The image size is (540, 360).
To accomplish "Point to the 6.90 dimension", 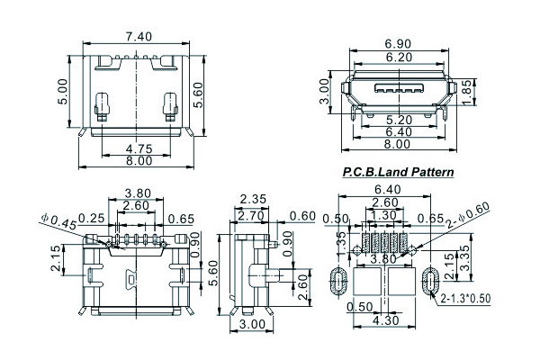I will (x=399, y=43).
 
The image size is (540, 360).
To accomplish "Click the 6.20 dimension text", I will (x=399, y=56).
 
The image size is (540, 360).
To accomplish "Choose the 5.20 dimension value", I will (x=399, y=119).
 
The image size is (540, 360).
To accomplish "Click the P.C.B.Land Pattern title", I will (x=398, y=171).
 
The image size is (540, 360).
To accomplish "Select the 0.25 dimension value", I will (x=89, y=218).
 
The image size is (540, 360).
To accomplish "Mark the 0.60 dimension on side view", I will (x=302, y=216).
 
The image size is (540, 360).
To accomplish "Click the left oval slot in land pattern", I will (x=339, y=279).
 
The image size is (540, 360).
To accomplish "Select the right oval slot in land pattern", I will (x=430, y=279).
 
